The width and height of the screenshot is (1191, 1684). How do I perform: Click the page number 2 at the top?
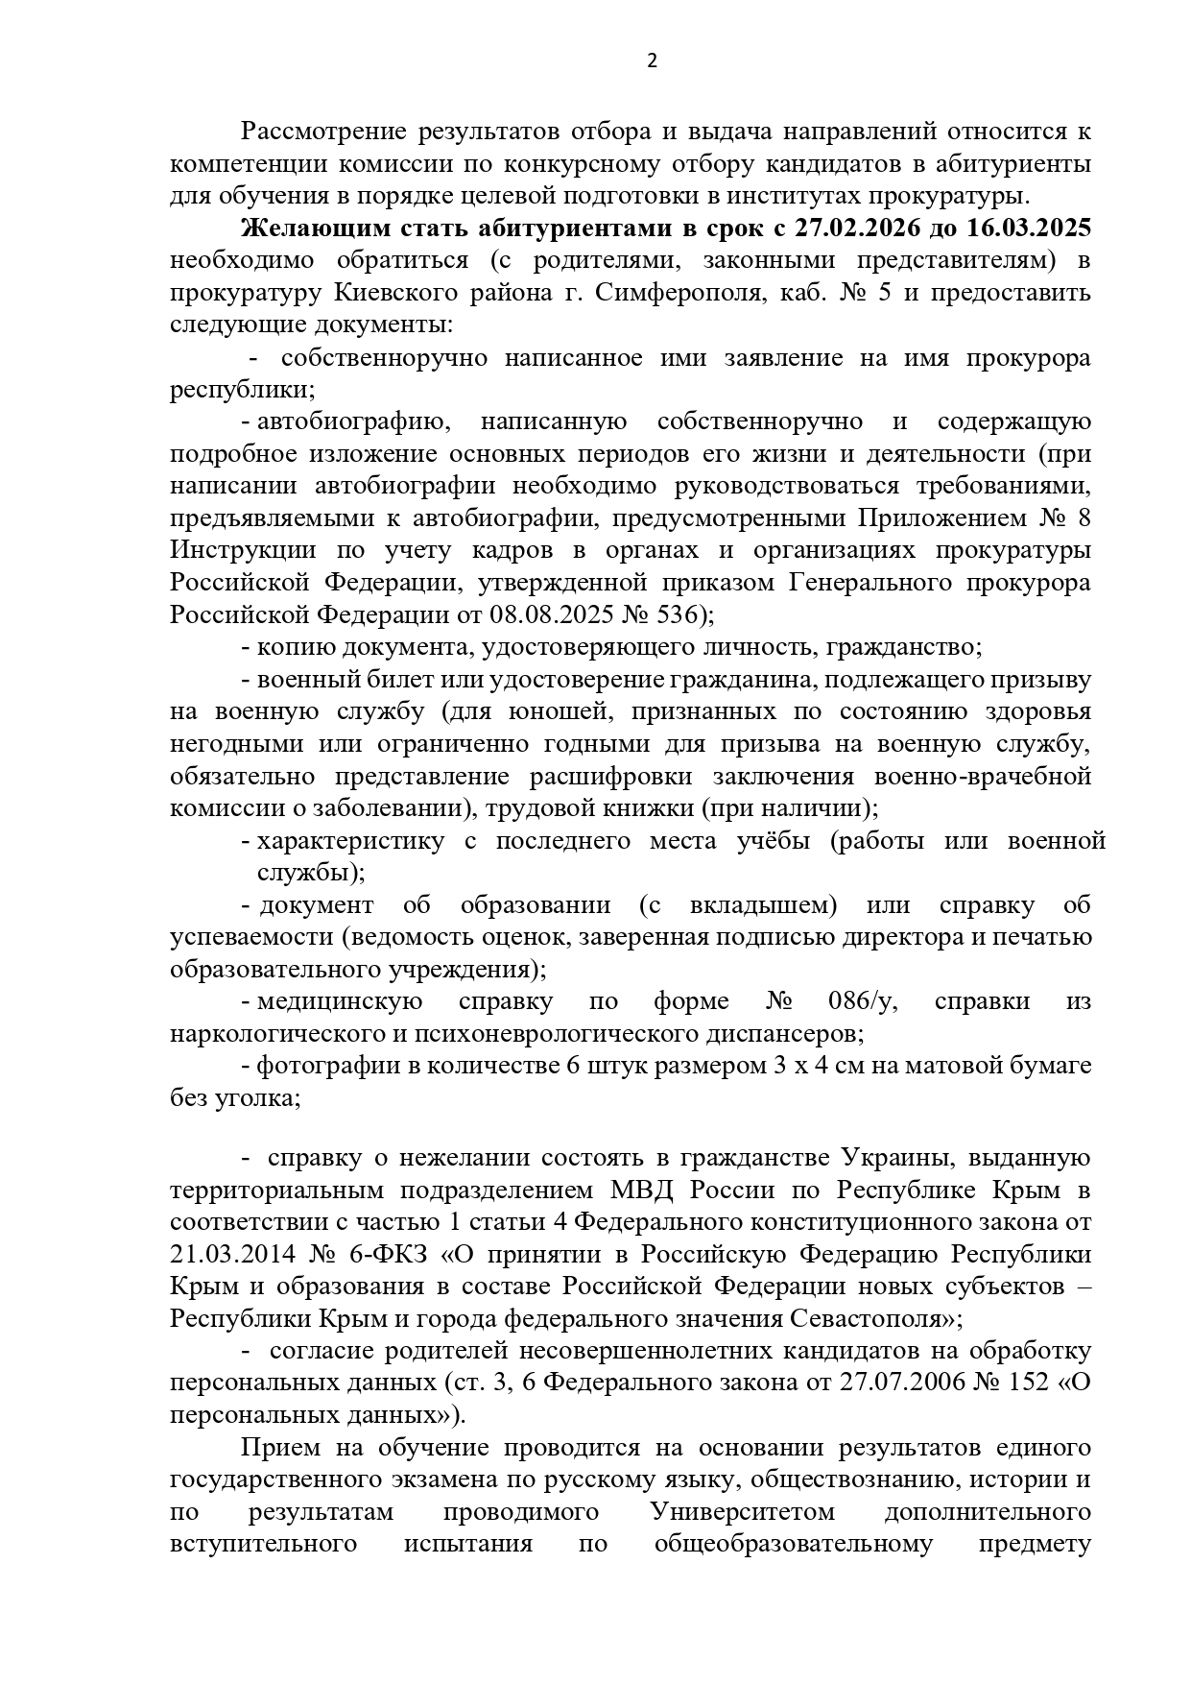653,62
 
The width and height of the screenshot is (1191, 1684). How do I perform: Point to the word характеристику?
351,842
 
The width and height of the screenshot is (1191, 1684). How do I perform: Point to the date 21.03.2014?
230,1255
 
